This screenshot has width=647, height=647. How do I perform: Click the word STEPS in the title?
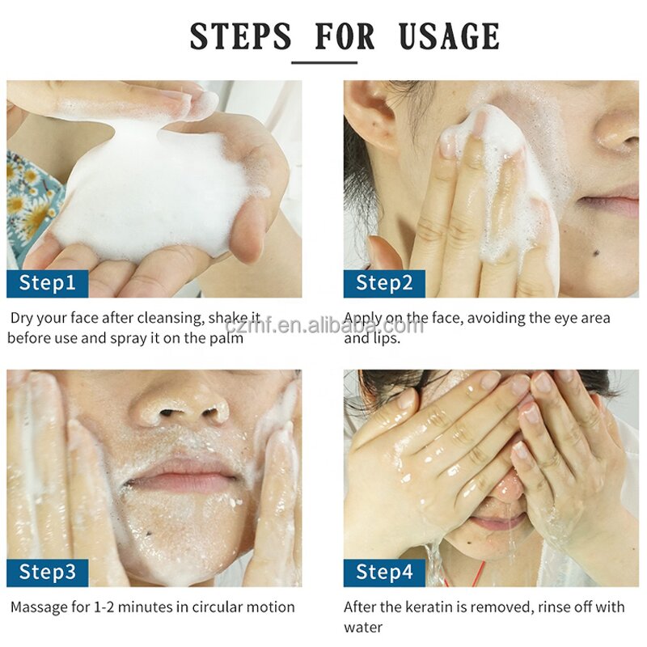pyautogui.click(x=240, y=36)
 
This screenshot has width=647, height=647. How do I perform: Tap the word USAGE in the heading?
pyautogui.click(x=449, y=36)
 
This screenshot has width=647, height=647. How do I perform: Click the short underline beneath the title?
pyautogui.click(x=324, y=63)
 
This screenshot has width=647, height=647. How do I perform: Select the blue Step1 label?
pyautogui.click(x=48, y=284)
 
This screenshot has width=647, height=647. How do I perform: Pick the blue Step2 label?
pyautogui.click(x=385, y=284)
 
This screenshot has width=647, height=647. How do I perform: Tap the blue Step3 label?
pyautogui.click(x=48, y=573)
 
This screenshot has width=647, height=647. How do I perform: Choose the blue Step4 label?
pyautogui.click(x=385, y=573)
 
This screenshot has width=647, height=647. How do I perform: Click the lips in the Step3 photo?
pyautogui.click(x=181, y=474)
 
